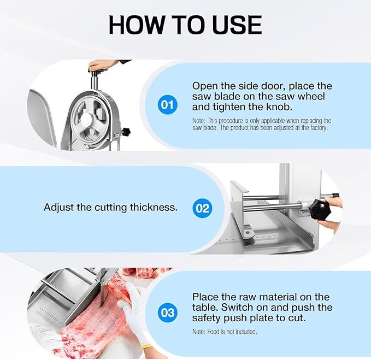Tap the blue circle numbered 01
[167, 104]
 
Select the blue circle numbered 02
[203, 208]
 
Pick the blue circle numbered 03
[168, 312]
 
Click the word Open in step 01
[204, 86]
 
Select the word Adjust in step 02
[58, 208]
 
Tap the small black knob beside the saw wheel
[126, 131]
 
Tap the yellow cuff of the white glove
[147, 346]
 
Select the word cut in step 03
[297, 318]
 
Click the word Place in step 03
[205, 297]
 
